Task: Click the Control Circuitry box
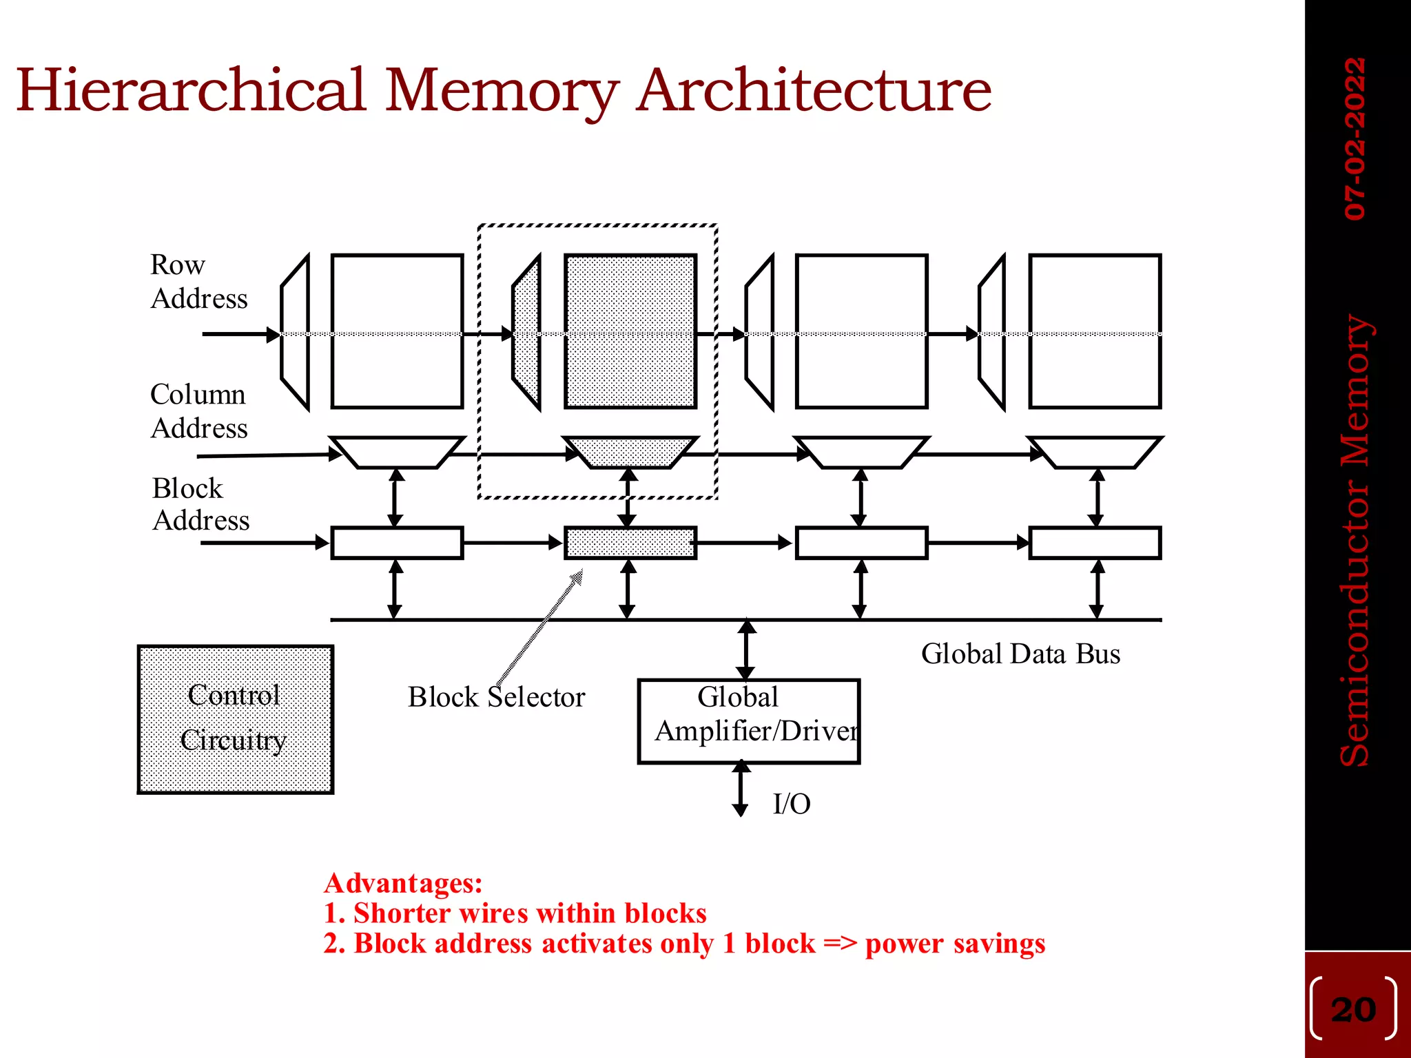pos(235,719)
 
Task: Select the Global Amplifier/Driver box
pos(748,720)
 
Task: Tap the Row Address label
pos(198,282)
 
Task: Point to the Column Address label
pos(198,411)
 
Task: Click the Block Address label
pos(200,504)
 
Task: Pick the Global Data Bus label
pos(1020,654)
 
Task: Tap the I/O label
pos(792,804)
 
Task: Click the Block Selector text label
pos(496,697)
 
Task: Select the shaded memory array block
pos(630,331)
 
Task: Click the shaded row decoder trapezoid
pos(527,333)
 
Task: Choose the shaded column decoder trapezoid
pos(630,452)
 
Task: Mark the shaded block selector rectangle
pos(630,543)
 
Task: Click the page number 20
pos(1353,1010)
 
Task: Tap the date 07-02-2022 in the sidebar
pos(1355,138)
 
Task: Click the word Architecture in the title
pos(813,91)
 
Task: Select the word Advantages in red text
pos(403,883)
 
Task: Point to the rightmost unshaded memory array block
pos(1094,331)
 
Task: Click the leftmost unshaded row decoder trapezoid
pos(296,333)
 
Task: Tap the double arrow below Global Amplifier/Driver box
pos(741,789)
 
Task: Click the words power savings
pos(955,944)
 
